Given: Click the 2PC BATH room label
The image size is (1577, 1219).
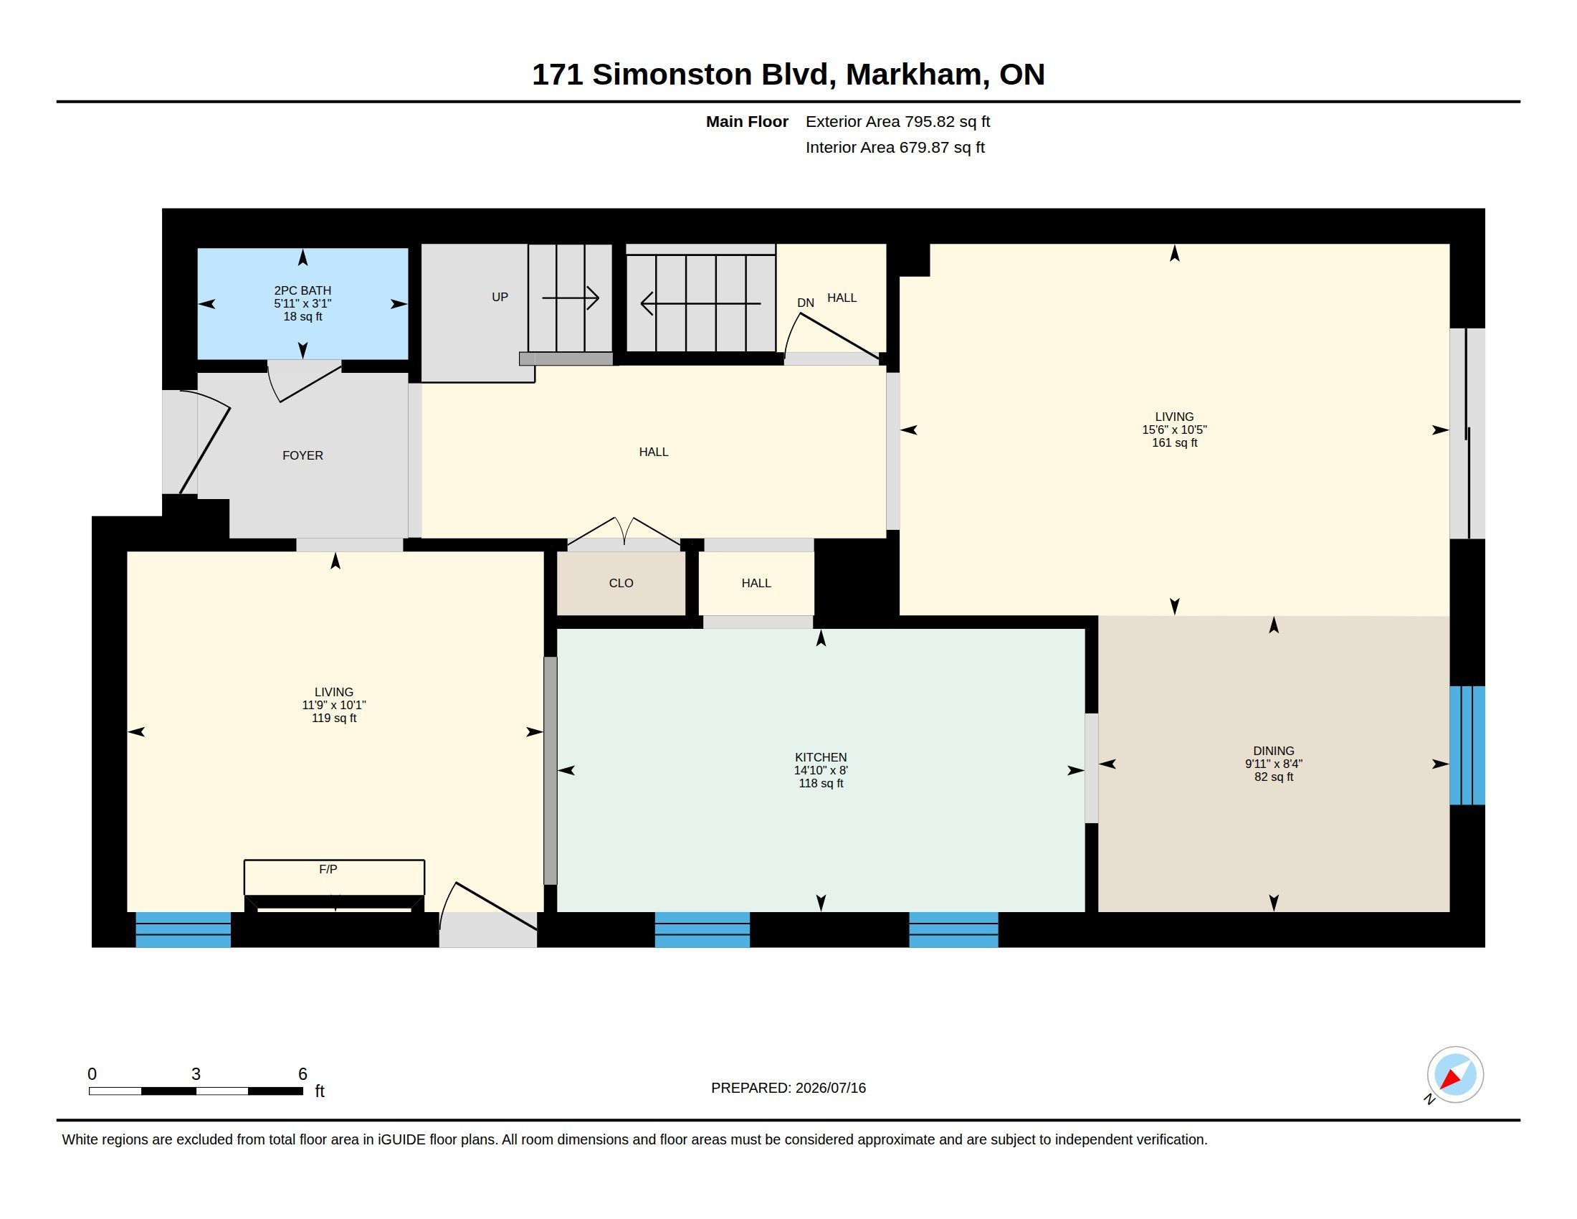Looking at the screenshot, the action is [302, 290].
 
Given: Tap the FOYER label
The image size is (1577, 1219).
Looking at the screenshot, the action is [302, 455].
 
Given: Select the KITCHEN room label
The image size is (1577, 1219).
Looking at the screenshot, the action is [821, 757].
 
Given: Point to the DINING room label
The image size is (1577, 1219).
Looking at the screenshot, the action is [1274, 751].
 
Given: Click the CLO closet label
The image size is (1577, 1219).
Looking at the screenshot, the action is [621, 584].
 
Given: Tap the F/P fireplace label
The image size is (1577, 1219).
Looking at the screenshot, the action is [328, 870].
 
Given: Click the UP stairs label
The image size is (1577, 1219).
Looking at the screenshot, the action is [500, 297].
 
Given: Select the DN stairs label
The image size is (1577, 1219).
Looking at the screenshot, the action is [806, 303].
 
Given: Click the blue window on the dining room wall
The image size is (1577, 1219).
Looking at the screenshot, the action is [1467, 745].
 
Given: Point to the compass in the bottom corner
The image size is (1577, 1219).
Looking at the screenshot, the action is [1455, 1075].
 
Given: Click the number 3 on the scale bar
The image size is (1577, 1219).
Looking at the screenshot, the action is [196, 1074].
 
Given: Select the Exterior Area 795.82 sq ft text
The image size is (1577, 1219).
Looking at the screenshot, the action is [897, 122].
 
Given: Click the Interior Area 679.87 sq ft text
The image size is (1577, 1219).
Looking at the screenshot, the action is [895, 148].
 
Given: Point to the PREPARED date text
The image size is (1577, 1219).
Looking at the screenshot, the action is [788, 1088].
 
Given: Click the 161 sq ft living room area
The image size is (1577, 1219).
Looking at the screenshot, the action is [1175, 442].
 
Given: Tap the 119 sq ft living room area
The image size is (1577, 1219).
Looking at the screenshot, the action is [333, 718].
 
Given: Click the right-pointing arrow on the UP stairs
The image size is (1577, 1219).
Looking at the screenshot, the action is [571, 298].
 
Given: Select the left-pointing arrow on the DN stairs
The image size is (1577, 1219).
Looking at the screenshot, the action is [700, 303].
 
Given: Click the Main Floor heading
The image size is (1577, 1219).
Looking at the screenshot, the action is [747, 122].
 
